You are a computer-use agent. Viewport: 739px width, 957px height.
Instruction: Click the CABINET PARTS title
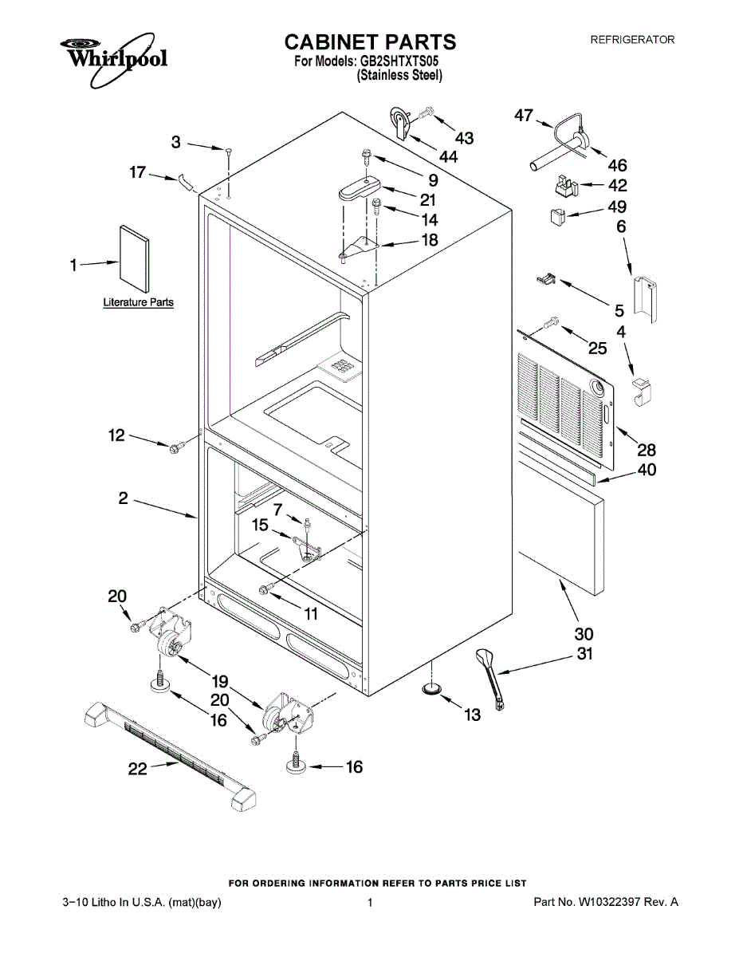tap(370, 41)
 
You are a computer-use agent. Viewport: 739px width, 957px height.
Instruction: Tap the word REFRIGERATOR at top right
tap(632, 40)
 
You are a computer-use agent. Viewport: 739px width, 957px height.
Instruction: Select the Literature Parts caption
tap(139, 303)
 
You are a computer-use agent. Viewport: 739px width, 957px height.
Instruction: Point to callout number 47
tap(523, 116)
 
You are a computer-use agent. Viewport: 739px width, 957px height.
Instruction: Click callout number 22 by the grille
tap(139, 769)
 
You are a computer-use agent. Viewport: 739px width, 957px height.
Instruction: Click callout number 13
tap(473, 715)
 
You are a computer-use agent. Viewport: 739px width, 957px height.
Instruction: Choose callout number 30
tap(584, 635)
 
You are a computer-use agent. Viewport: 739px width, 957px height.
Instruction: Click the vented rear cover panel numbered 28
tap(566, 399)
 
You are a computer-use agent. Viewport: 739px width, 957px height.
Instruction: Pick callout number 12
tap(117, 435)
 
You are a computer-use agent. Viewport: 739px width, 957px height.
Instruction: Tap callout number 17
tap(138, 171)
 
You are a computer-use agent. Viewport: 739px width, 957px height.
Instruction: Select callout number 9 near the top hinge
tap(433, 180)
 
